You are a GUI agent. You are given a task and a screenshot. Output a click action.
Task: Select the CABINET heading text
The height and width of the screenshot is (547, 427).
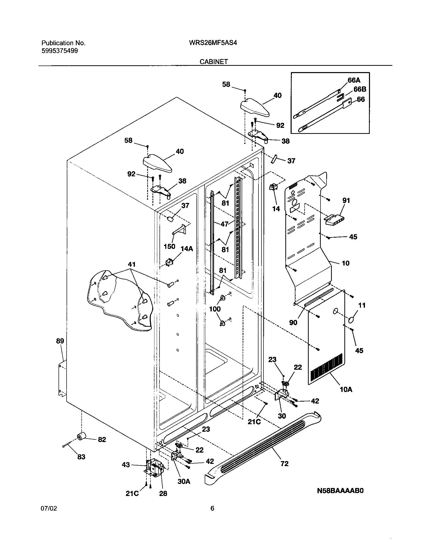point(214,62)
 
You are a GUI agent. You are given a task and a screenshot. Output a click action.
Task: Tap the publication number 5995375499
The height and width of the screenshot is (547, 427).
point(60,51)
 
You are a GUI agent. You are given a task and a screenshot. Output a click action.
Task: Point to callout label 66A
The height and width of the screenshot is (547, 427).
point(354,80)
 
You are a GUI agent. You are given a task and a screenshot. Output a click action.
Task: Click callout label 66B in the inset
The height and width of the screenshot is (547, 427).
point(360,89)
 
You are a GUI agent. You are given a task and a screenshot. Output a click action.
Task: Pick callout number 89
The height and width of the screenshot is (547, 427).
point(60,341)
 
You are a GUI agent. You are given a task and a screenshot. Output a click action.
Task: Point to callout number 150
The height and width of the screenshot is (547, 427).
point(169,246)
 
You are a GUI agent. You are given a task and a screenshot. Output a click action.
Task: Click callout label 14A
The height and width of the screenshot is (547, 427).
point(187,249)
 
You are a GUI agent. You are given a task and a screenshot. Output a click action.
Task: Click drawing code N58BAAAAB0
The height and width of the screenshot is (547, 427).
point(340,491)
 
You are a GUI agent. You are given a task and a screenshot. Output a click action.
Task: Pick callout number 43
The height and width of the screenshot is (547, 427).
point(126,465)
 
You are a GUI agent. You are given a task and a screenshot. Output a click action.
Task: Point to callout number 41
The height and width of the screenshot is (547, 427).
point(132,264)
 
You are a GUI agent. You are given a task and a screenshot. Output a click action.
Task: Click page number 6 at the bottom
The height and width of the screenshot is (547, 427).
point(212,509)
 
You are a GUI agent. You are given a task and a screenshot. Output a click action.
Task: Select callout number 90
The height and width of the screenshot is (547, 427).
point(293,322)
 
